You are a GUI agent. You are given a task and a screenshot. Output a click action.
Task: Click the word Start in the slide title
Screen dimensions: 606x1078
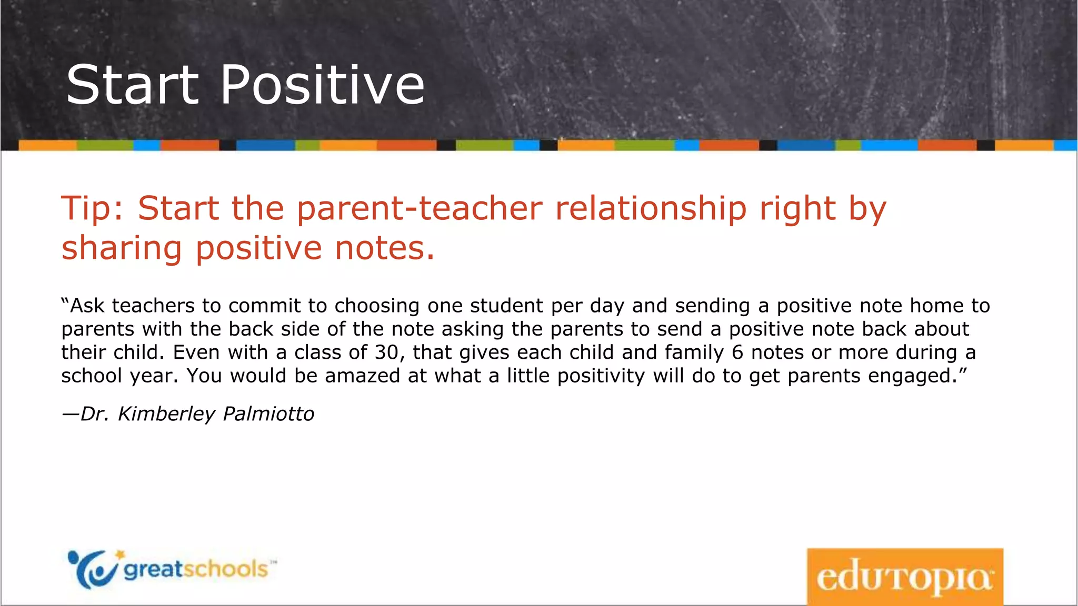(132, 85)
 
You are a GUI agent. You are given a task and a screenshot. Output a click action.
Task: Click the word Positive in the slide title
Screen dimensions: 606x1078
(322, 85)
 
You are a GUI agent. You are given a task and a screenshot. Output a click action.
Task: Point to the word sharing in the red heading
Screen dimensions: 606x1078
(122, 248)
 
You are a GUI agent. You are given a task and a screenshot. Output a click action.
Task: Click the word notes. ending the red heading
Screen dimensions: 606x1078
(385, 248)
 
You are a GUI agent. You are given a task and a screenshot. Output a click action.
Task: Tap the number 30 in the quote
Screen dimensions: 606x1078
(387, 352)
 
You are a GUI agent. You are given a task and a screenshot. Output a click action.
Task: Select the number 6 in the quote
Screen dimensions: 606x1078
(737, 352)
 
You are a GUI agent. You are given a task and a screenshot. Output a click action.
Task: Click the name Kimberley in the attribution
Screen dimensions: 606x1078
(166, 414)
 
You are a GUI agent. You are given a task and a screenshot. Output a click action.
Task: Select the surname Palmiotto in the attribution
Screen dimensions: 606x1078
(268, 414)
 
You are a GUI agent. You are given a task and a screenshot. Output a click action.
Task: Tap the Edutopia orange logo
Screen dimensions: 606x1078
(904, 577)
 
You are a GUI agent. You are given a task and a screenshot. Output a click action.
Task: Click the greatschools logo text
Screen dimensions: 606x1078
(196, 570)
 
